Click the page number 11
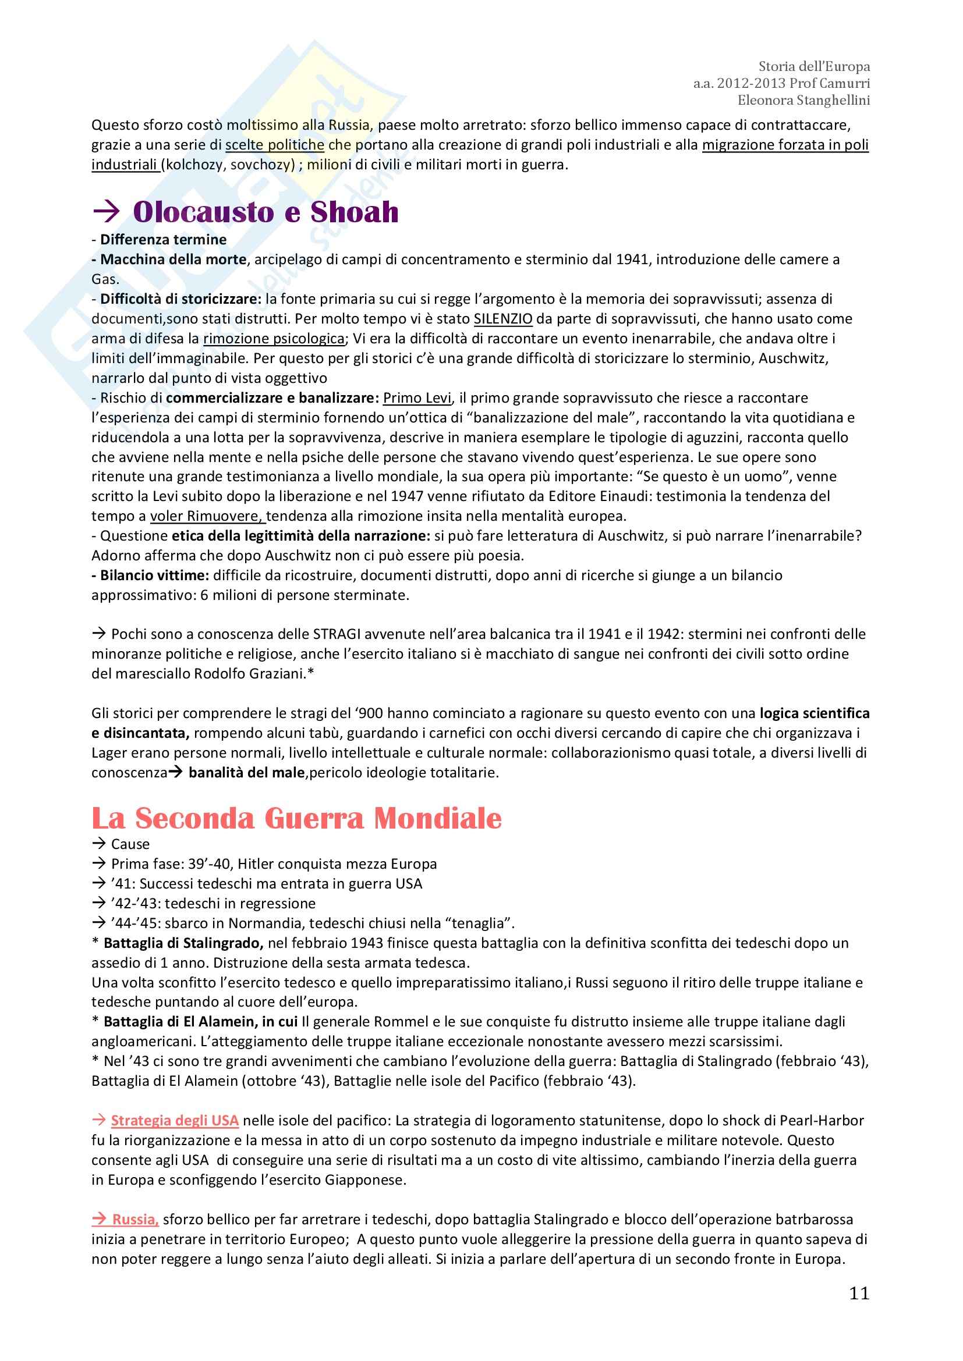tap(859, 1293)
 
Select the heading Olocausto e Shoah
tap(265, 212)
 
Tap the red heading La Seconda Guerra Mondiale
tap(296, 818)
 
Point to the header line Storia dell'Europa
tap(813, 66)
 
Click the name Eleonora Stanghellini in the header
tap(803, 100)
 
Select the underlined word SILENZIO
tap(503, 319)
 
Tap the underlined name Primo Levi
tap(417, 398)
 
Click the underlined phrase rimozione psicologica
tap(274, 339)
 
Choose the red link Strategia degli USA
tap(174, 1120)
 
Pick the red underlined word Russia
tap(135, 1220)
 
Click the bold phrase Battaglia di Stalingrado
tap(183, 943)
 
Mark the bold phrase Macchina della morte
tap(173, 259)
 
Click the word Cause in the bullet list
tap(130, 844)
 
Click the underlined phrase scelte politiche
tap(275, 145)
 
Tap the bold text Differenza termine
tap(163, 240)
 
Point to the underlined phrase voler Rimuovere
tap(207, 516)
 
